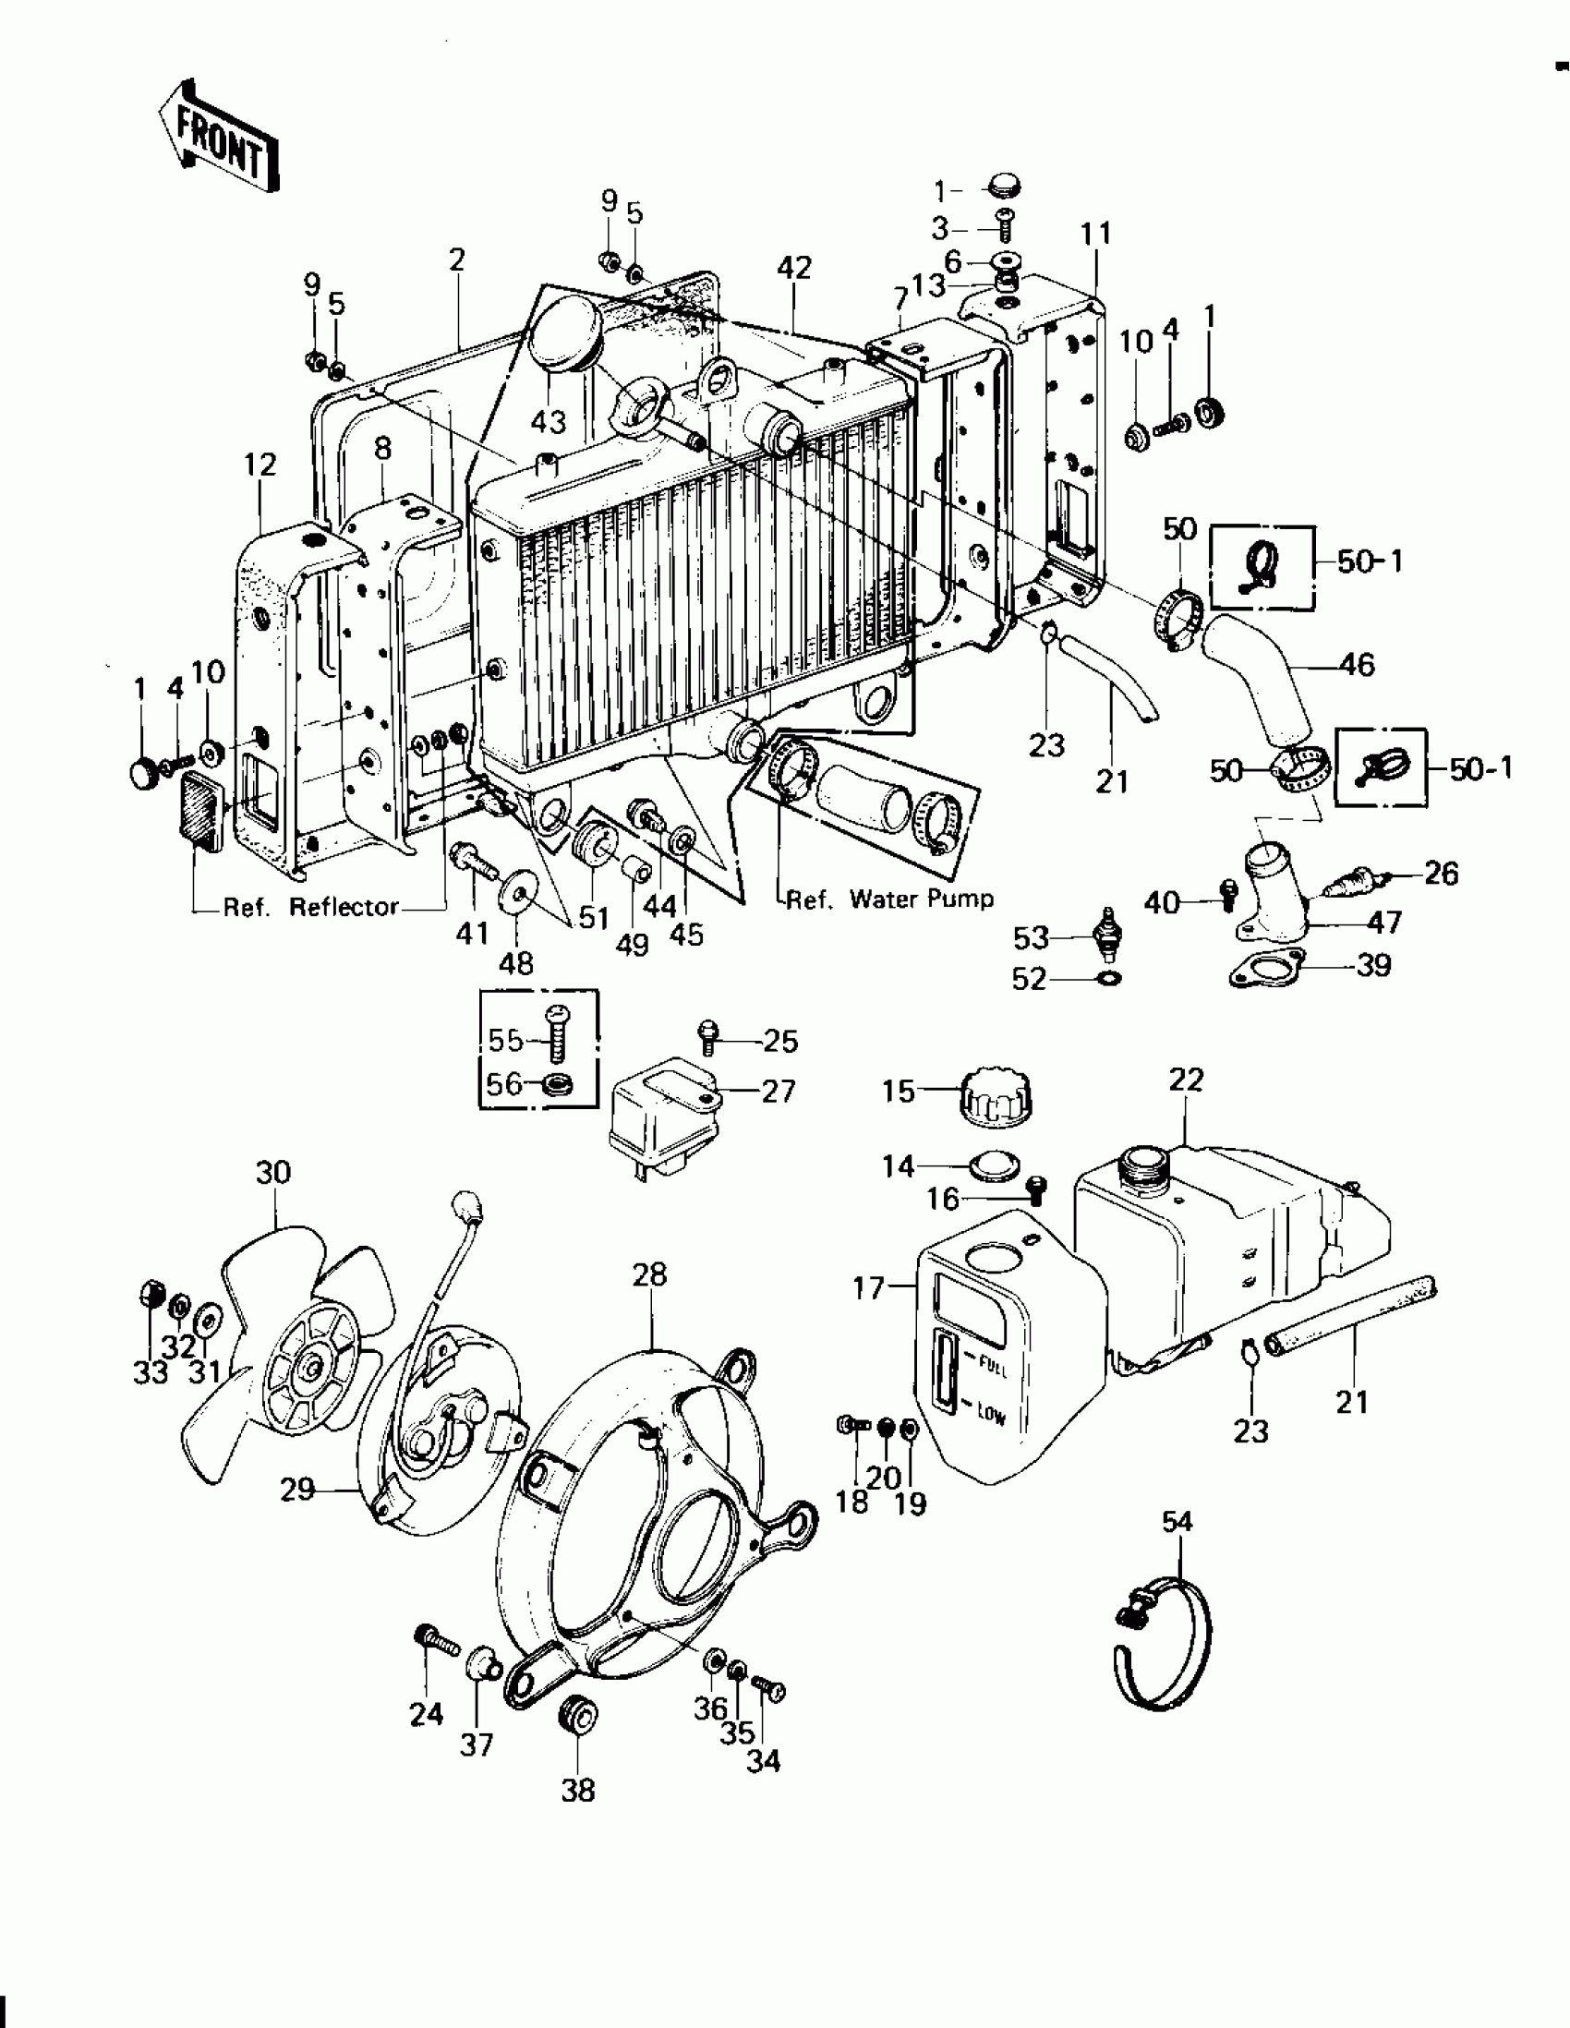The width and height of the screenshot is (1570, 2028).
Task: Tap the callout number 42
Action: click(x=794, y=268)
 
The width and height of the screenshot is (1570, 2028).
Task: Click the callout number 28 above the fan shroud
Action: click(x=649, y=1275)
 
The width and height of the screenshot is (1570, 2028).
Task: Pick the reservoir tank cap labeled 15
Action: click(x=999, y=1100)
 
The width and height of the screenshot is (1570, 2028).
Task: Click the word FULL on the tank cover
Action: click(x=995, y=1367)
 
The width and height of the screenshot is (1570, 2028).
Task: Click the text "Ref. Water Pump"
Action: click(x=889, y=899)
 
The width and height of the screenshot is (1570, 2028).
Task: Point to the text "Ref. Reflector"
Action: click(x=310, y=907)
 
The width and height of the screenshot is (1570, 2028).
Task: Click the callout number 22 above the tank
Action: click(x=1187, y=1080)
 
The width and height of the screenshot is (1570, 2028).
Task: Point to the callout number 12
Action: click(x=260, y=465)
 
